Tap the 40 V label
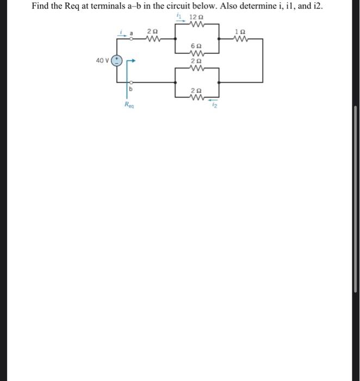click(102, 60)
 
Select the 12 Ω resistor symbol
click(197, 24)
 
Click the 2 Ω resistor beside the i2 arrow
click(197, 98)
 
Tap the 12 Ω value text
click(197, 17)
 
